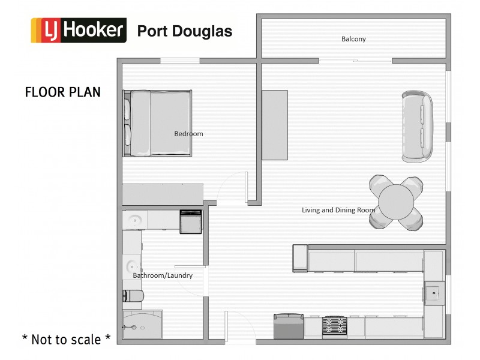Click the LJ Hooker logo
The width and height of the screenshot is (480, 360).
(x=79, y=31)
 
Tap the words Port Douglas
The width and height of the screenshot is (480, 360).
(x=185, y=31)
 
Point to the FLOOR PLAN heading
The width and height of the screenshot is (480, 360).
(x=62, y=92)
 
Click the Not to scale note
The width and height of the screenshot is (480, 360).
(x=66, y=339)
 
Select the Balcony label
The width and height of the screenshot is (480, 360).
(x=353, y=39)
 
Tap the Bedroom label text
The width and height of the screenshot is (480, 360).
(x=188, y=134)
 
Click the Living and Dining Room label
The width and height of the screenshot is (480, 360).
(x=338, y=210)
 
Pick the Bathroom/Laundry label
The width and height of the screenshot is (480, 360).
(x=163, y=275)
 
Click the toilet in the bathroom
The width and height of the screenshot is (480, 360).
(x=133, y=296)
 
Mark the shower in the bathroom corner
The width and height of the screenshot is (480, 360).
(x=142, y=326)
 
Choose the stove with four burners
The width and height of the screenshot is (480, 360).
(x=334, y=327)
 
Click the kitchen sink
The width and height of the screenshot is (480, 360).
(x=434, y=293)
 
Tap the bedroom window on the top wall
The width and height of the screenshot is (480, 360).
(x=180, y=60)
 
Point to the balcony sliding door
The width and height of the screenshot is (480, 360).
(x=355, y=61)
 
